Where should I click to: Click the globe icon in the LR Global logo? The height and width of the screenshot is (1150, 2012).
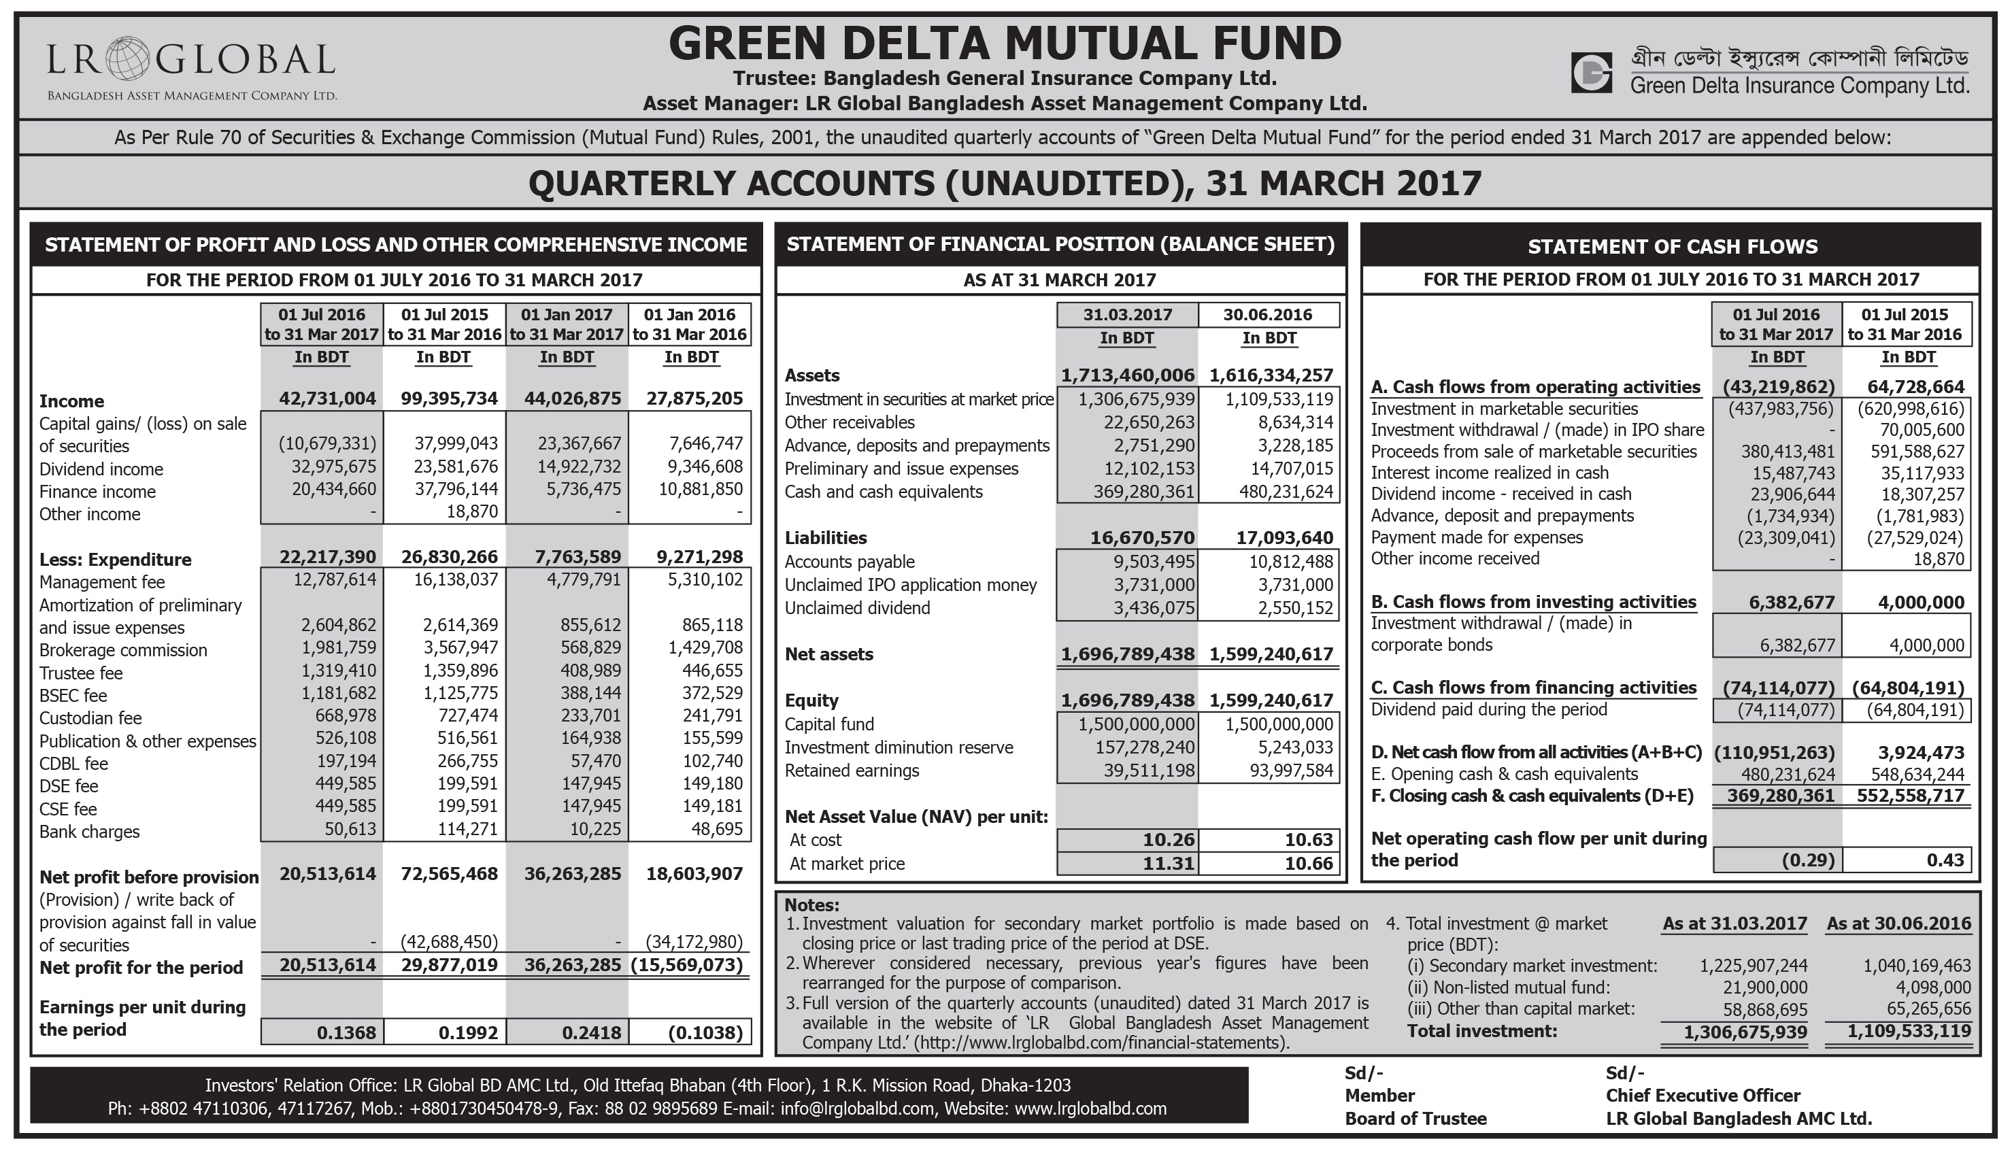tap(126, 58)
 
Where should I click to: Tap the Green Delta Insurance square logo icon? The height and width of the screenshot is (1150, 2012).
tap(1591, 73)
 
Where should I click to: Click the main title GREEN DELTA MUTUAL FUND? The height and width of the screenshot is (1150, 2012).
tap(1005, 43)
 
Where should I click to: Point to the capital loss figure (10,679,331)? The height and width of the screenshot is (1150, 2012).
tap(327, 444)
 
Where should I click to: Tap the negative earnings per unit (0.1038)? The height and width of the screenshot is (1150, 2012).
tap(705, 1032)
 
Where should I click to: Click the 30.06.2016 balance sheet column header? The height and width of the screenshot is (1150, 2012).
tap(1267, 315)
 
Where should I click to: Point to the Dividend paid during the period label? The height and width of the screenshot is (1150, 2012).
tap(1488, 709)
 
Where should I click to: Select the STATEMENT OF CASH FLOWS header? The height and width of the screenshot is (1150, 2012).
tap(1671, 246)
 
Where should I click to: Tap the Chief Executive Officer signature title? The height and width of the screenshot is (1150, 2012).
tap(1703, 1096)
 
